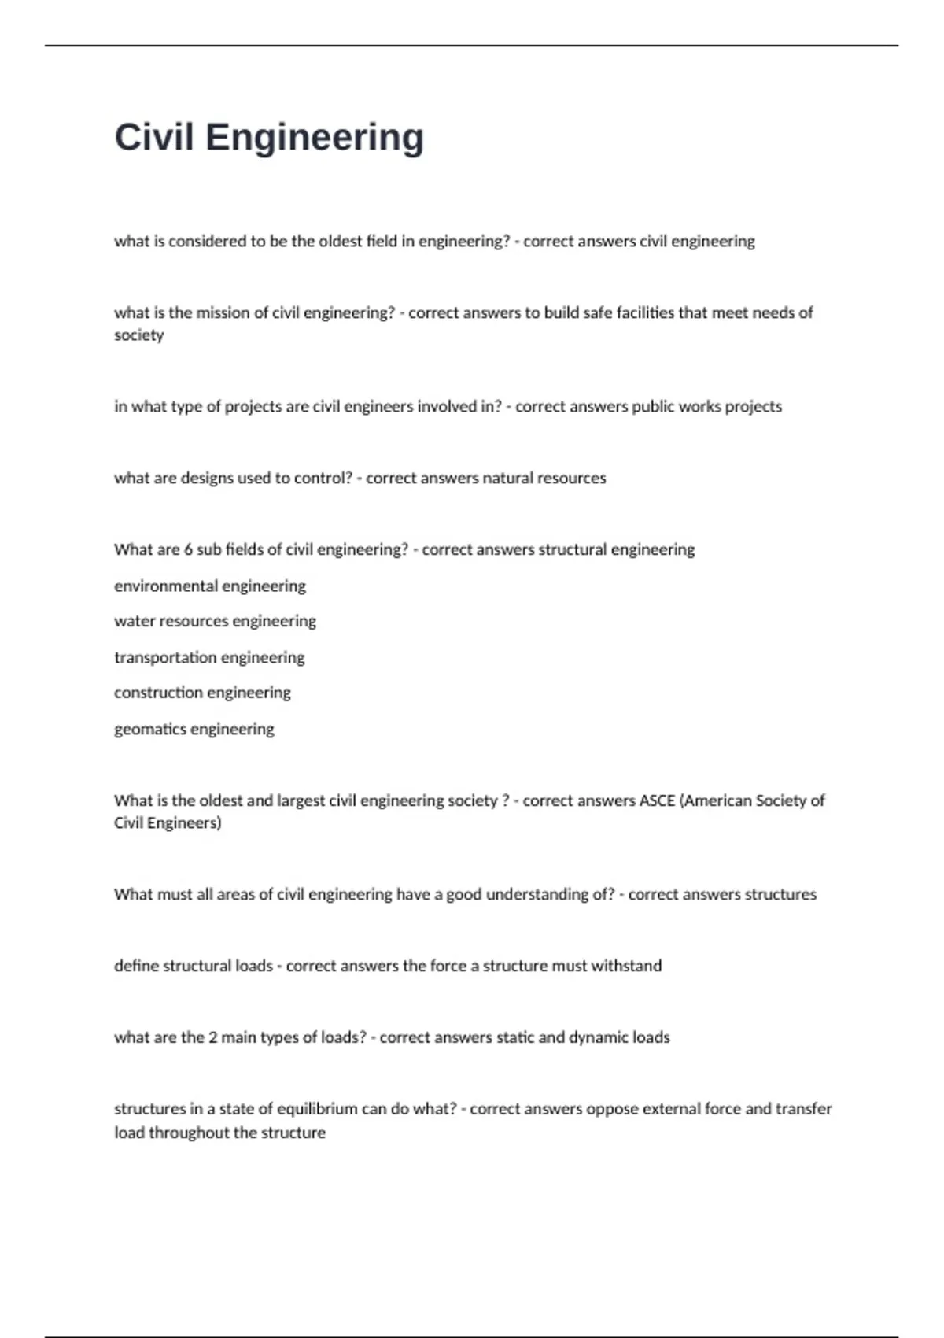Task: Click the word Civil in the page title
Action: pos(154,137)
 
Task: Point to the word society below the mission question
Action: pos(138,335)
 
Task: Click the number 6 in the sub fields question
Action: pos(188,549)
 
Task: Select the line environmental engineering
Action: pos(210,586)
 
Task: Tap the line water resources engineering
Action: pos(215,621)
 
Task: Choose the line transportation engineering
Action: pos(209,657)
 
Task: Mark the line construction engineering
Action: pos(202,693)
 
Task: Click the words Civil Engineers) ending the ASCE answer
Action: pos(168,823)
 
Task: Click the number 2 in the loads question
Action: pos(212,1037)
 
